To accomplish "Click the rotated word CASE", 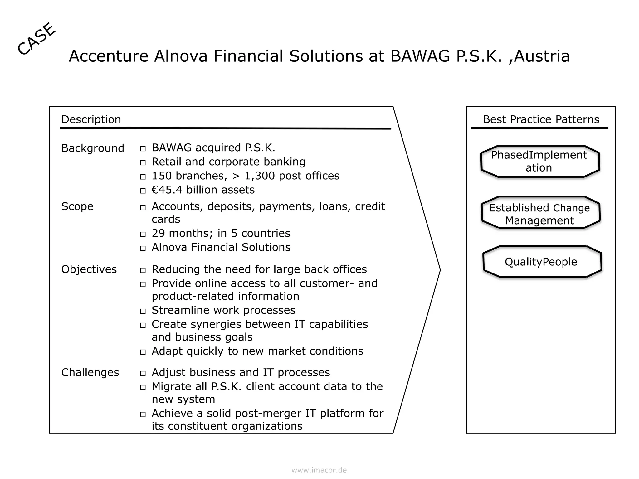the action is point(37,39).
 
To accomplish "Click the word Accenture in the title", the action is point(108,56).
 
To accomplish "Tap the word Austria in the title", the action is point(542,56).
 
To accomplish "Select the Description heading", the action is point(91,119).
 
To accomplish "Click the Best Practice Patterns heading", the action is point(541,119).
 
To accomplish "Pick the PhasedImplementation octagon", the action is point(540,161).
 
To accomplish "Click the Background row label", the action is point(92,148).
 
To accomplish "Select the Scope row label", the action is point(77,206).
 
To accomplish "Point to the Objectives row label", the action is point(89,269).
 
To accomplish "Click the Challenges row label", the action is point(90,372).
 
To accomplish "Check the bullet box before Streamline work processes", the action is point(143,311).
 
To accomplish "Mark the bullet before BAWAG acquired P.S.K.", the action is point(143,149).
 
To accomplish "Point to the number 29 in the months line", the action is point(158,233).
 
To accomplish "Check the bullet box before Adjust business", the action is point(143,373).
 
